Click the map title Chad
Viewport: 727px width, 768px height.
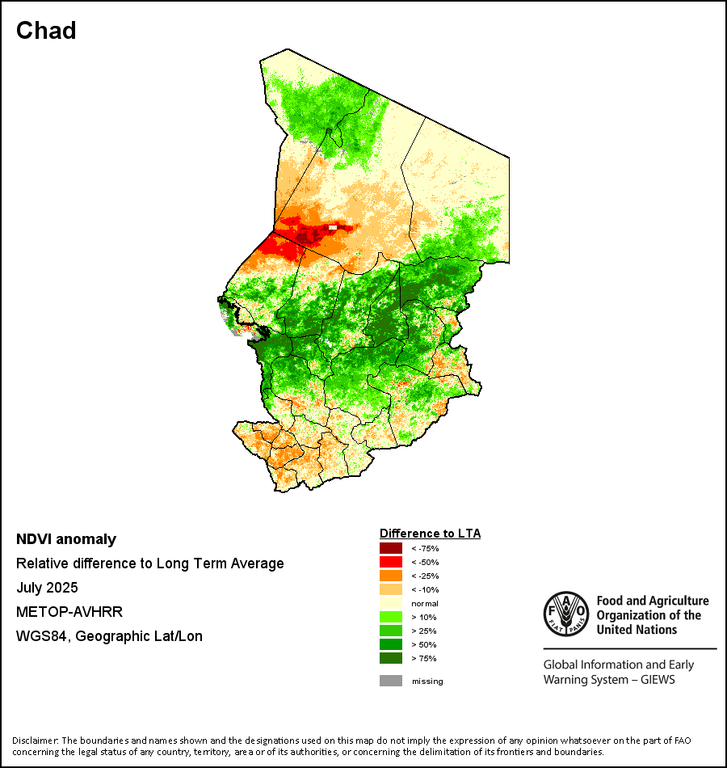point(47,31)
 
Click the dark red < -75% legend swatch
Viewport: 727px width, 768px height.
point(391,548)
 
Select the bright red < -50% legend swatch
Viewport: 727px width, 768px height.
point(391,562)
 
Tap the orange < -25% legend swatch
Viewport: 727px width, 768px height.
point(391,576)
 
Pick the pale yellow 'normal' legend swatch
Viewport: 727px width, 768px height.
point(391,603)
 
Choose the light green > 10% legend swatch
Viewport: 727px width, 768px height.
point(391,617)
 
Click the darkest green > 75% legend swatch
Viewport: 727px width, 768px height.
point(391,658)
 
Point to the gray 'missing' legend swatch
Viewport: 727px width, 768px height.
point(391,681)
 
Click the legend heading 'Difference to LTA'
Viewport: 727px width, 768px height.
point(431,534)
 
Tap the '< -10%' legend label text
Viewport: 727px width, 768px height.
point(425,589)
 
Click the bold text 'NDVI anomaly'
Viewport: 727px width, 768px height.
point(66,539)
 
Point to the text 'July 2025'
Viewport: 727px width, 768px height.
point(47,588)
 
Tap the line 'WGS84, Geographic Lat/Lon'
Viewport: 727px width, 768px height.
point(109,636)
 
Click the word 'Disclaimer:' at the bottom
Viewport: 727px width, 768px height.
point(36,741)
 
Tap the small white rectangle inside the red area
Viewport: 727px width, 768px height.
point(332,228)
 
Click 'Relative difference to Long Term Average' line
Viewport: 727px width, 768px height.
point(150,563)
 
